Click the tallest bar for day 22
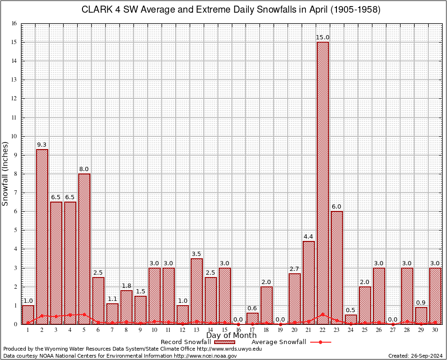pos(323,183)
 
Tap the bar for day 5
pos(84,248)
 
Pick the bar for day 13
pos(197,291)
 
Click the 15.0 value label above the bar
pos(322,37)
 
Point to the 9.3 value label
pos(42,145)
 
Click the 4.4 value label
pos(308,237)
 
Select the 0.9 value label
pos(421,303)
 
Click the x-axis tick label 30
pos(435,330)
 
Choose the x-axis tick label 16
pos(238,330)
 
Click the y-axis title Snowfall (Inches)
pos(6,173)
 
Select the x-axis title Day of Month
pos(231,336)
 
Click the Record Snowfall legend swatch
pos(222,342)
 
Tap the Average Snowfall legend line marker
pos(320,342)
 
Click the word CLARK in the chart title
pos(96,10)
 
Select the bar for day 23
pos(337,267)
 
